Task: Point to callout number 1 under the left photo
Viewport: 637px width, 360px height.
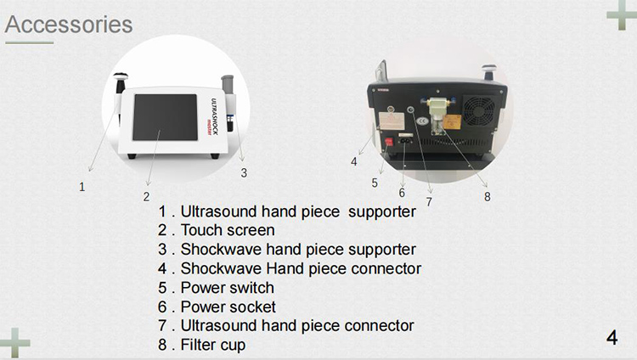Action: click(x=82, y=187)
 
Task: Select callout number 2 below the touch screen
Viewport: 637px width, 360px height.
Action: click(x=146, y=196)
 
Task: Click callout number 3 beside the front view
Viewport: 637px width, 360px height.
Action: click(x=244, y=172)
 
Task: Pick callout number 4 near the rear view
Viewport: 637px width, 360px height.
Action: click(x=354, y=161)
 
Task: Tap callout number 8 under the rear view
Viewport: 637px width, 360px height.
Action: click(x=488, y=196)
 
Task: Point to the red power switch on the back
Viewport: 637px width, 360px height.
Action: click(x=392, y=143)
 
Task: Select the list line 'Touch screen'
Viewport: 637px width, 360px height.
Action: click(x=217, y=230)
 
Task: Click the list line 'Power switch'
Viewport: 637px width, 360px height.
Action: click(x=217, y=288)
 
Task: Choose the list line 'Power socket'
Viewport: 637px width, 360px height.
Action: click(x=217, y=307)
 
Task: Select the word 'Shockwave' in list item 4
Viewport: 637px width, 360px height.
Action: click(x=219, y=268)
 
